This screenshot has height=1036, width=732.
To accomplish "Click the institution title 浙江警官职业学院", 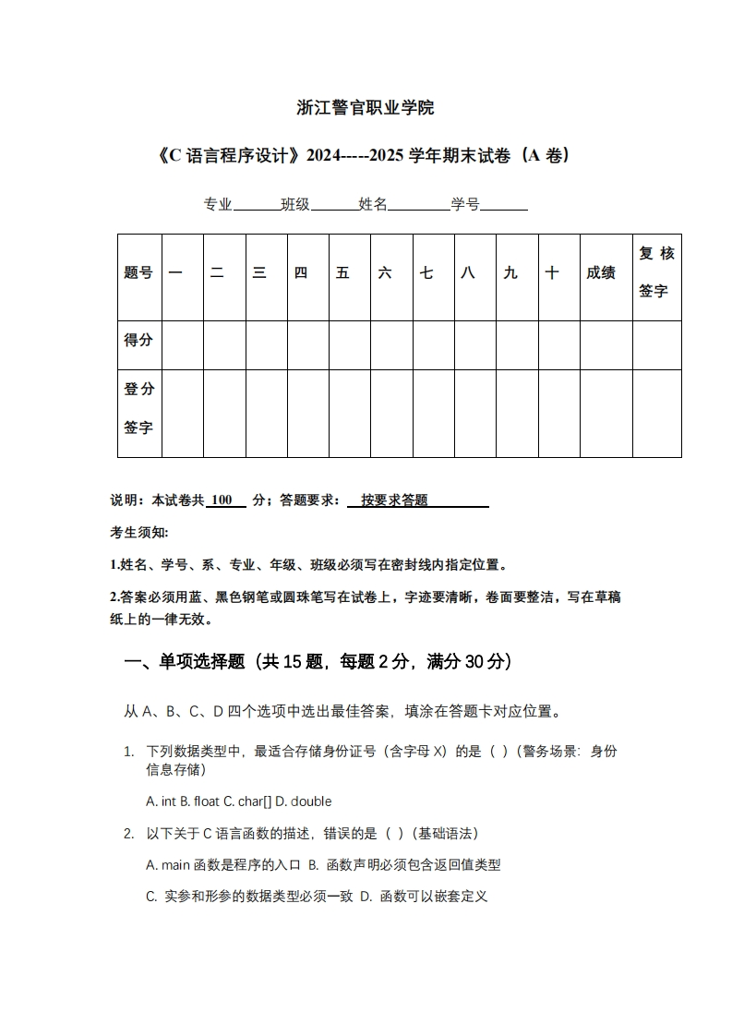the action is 366,108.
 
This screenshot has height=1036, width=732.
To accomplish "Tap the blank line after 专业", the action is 257,206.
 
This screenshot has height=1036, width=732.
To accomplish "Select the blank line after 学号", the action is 504,206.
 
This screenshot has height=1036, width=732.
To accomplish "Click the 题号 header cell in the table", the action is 139,273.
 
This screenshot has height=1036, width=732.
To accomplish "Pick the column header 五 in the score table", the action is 343,273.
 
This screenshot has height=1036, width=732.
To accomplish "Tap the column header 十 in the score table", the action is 552,273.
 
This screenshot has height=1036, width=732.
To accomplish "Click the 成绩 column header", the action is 601,273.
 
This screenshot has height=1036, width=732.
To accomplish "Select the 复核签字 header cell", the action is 656,272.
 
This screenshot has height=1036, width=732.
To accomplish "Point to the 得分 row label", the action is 139,341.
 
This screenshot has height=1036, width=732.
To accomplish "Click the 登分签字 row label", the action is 139,409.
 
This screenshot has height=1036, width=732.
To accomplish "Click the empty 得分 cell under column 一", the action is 183,345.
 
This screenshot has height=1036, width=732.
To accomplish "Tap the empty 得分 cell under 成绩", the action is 606,345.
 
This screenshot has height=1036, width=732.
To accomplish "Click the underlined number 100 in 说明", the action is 222,500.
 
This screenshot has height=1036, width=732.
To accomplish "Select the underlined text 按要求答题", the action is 395,500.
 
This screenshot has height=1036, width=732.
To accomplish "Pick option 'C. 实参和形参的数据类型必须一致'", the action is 249,896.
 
